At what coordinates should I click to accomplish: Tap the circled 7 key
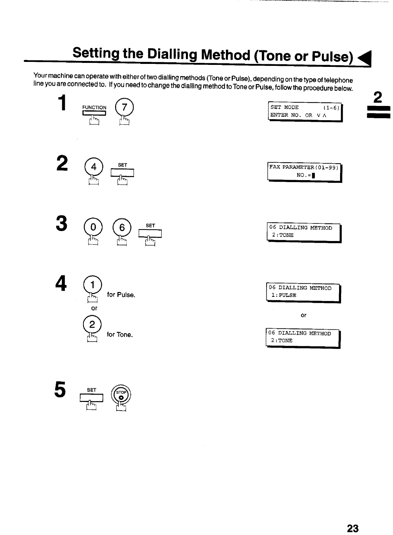124,107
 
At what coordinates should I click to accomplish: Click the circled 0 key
93,227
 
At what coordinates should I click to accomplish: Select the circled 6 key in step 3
122,227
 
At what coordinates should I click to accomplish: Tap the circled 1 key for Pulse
93,284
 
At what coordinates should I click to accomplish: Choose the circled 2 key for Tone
92,324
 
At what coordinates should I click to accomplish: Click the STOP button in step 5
121,395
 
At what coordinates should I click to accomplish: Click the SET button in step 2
122,172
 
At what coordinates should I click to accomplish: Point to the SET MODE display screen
305,111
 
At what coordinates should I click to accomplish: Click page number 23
353,528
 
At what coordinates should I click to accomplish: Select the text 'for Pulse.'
121,295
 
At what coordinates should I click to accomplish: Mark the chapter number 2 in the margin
377,97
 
